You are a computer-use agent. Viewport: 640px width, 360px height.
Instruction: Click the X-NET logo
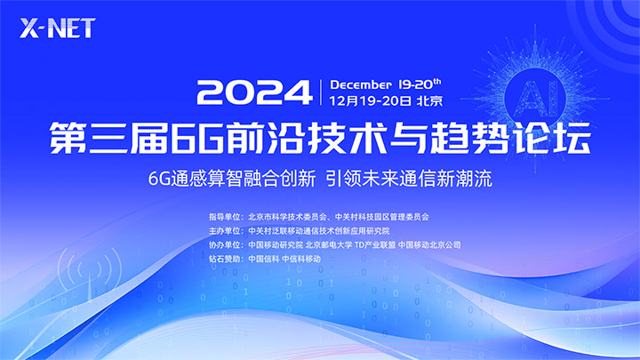point(58,28)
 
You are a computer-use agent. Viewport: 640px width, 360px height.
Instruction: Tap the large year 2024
point(255,92)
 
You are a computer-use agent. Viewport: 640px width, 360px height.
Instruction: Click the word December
point(360,85)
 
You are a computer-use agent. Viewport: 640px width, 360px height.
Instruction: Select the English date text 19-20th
point(420,84)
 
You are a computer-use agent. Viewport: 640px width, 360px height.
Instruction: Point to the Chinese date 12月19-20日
point(370,100)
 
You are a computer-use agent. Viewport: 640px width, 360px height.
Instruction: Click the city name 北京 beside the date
point(429,100)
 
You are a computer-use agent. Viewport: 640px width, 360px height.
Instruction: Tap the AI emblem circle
point(535,97)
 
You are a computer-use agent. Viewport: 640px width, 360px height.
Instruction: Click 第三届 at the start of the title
point(109,138)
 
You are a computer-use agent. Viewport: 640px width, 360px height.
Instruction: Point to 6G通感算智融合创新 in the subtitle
point(232,179)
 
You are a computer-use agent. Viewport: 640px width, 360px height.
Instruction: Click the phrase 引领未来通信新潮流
point(409,179)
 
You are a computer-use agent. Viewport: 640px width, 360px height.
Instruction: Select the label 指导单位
point(225,217)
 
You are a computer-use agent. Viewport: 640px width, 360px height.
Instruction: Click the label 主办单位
point(225,230)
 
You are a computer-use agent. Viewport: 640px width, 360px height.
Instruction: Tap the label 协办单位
point(225,245)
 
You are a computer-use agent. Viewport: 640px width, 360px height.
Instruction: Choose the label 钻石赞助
point(225,259)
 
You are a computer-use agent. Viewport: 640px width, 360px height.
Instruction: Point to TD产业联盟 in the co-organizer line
point(375,245)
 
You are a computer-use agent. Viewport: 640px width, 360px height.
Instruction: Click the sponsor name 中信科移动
point(301,259)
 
